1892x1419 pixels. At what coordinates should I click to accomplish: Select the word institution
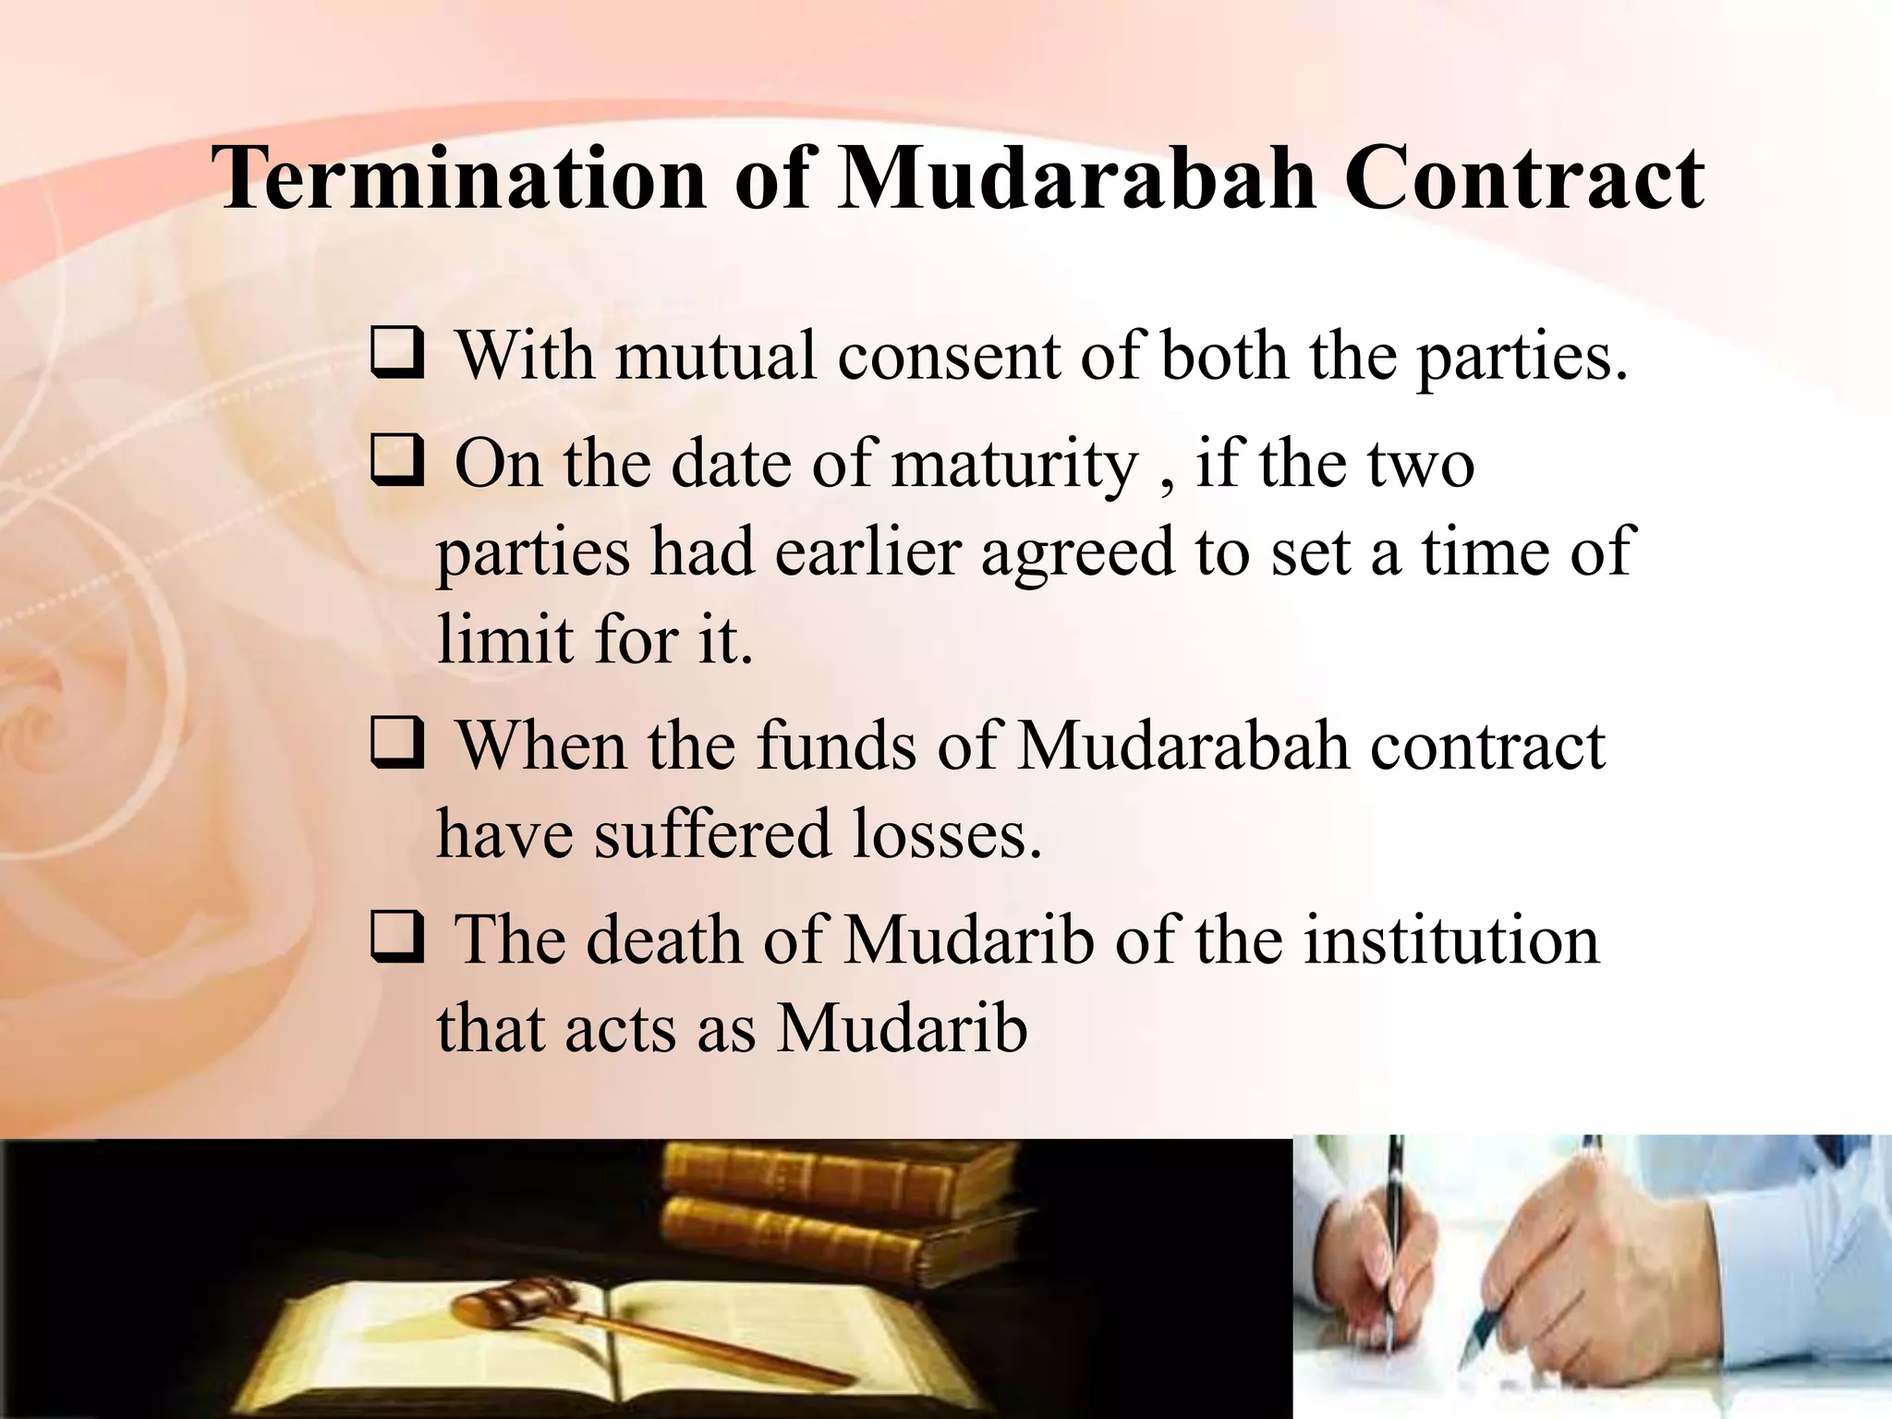click(x=1450, y=940)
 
